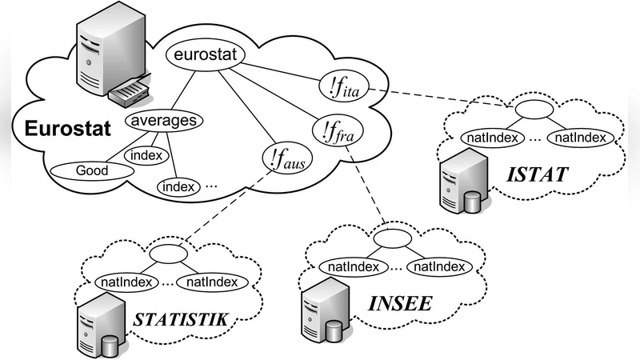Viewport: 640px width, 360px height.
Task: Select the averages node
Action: (x=162, y=122)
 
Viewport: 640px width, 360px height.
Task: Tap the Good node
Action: (x=93, y=170)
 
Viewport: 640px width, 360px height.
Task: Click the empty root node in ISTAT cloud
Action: (x=530, y=109)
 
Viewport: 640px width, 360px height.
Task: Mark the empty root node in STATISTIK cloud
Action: (x=166, y=254)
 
